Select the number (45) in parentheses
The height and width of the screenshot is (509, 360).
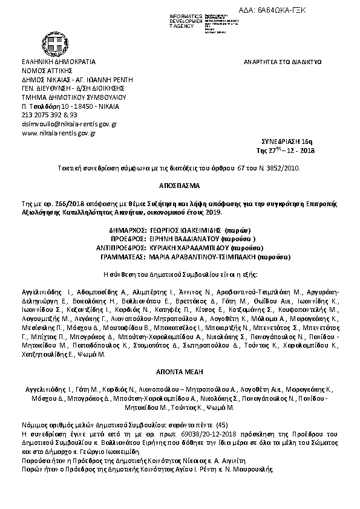[x=221, y=425]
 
